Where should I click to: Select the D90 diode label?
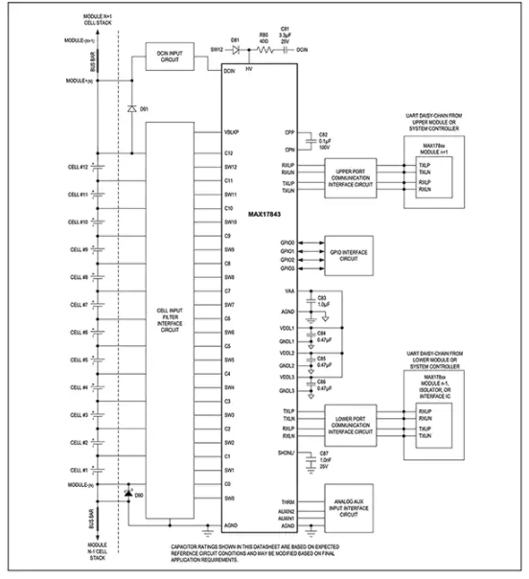point(139,495)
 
